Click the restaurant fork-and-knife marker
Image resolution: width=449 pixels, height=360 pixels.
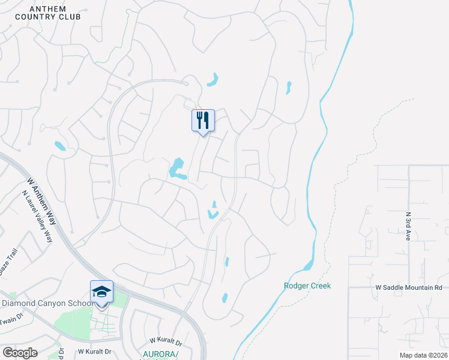pos(203,121)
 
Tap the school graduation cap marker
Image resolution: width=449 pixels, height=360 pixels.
pos(101,292)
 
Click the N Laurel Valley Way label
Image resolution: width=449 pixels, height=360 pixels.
pos(37,216)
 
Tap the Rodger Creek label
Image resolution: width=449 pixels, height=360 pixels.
pos(307,286)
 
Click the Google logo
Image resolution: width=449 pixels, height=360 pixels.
pos(20,353)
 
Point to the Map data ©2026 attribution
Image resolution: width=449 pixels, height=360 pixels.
pos(424,355)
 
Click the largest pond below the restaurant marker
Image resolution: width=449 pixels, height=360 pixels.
pos(177,168)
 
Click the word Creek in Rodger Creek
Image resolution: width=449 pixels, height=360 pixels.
pos(320,286)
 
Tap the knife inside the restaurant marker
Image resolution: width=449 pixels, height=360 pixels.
pos(206,121)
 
